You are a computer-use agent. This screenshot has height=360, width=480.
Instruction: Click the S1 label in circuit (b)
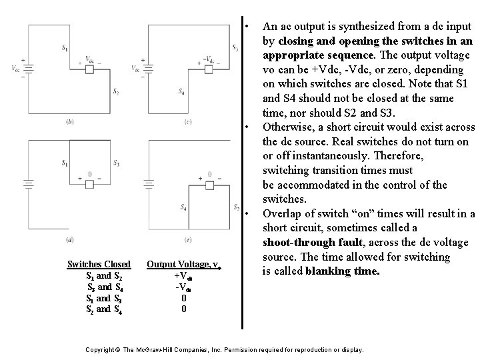pyautogui.click(x=65, y=47)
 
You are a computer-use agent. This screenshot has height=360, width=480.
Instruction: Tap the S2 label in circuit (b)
pyautogui.click(x=116, y=91)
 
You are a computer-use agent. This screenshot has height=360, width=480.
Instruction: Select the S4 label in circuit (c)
pyautogui.click(x=183, y=92)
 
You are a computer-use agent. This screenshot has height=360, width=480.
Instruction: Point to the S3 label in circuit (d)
pyautogui.click(x=117, y=163)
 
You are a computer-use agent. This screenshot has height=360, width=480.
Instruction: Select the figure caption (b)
pyautogui.click(x=70, y=121)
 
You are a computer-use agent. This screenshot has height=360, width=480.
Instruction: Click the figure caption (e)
pyautogui.click(x=189, y=239)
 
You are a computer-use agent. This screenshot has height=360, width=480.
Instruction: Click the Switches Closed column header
pyautogui.click(x=99, y=265)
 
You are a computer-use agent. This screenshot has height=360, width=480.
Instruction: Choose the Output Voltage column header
pyautogui.click(x=184, y=265)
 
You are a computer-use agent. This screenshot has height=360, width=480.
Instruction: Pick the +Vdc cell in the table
pyautogui.click(x=184, y=276)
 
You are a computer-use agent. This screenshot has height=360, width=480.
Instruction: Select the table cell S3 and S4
pyautogui.click(x=99, y=287)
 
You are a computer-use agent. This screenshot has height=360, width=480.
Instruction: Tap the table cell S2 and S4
pyautogui.click(x=99, y=309)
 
